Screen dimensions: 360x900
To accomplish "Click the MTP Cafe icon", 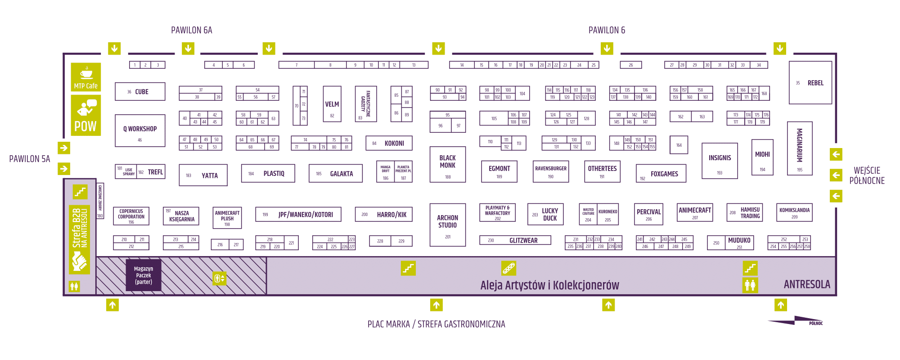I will tap(85, 77).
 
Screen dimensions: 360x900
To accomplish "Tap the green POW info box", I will tap(85, 115).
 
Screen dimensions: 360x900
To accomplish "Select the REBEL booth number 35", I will tap(810, 83).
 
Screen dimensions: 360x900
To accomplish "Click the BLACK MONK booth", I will tap(447, 164).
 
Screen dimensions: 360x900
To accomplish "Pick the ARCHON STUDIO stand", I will tap(447, 225).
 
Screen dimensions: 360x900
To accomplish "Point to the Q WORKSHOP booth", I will tap(140, 130).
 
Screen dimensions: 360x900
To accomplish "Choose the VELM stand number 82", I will tap(332, 104).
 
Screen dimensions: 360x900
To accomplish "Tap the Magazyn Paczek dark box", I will tap(144, 275).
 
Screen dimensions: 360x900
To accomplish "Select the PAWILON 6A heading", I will tap(192, 30).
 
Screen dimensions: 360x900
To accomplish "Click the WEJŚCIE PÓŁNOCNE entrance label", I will tap(867, 175).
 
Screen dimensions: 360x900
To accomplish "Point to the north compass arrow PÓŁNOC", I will tap(796, 321).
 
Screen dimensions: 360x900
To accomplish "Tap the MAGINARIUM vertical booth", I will tap(800, 148).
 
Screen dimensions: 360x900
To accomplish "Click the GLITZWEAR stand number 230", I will tap(515, 240).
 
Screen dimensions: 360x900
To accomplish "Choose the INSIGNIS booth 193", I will tap(720, 161).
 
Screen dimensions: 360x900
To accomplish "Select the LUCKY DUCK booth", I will tap(545, 214).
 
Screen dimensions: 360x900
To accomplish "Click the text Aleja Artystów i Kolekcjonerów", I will tap(549, 285).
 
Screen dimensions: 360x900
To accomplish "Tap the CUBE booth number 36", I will tap(140, 91).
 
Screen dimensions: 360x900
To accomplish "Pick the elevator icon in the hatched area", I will tap(219, 279).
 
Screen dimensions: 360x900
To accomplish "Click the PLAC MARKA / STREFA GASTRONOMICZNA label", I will tap(436, 324).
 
